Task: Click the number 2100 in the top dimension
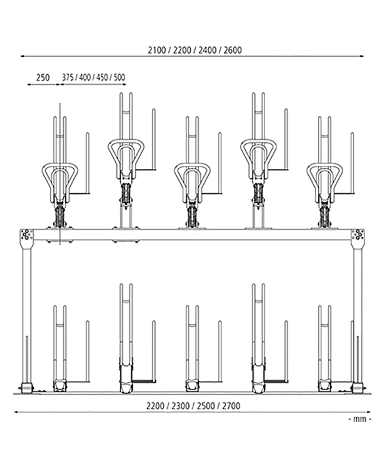(157, 50)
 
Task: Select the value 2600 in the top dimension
(233, 50)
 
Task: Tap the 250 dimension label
(43, 77)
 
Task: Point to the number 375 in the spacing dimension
(68, 77)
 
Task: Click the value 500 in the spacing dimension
(120, 77)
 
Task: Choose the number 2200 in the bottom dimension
(155, 406)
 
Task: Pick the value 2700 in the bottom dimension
(231, 406)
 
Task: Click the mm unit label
(360, 419)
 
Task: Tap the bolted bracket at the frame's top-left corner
(27, 239)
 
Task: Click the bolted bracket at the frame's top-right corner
(358, 239)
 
